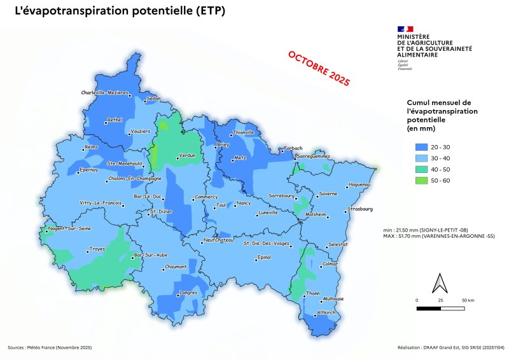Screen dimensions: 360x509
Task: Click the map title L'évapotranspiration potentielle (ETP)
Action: (119, 12)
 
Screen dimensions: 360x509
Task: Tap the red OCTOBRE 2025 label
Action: (319, 69)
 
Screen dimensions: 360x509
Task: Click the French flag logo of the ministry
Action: (405, 29)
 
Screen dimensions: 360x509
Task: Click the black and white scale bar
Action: (440, 308)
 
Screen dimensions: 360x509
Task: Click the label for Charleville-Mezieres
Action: (105, 93)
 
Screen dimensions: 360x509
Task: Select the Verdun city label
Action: (186, 155)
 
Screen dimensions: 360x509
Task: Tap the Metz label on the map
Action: (240, 157)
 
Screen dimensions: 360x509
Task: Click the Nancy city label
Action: (244, 204)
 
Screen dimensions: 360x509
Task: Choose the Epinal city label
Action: (262, 258)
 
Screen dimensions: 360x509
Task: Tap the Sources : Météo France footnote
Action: (50, 347)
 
